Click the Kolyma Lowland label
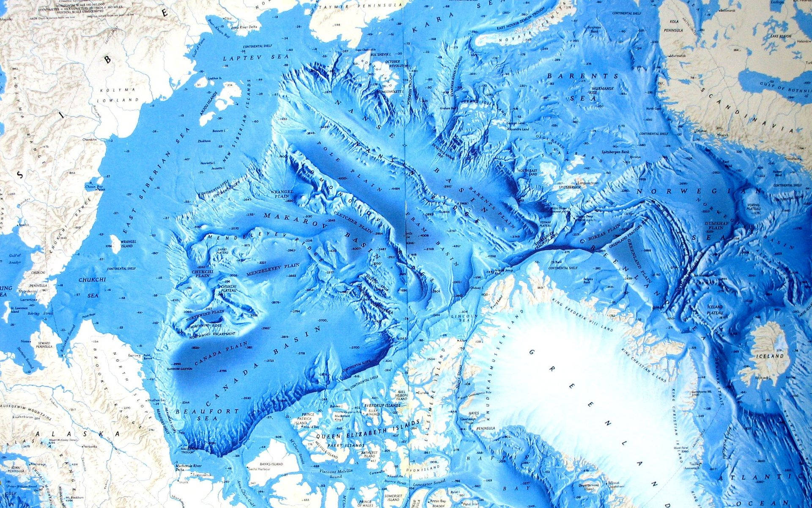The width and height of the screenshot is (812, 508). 118,95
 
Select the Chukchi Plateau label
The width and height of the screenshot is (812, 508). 228,289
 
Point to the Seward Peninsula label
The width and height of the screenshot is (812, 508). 44,344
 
